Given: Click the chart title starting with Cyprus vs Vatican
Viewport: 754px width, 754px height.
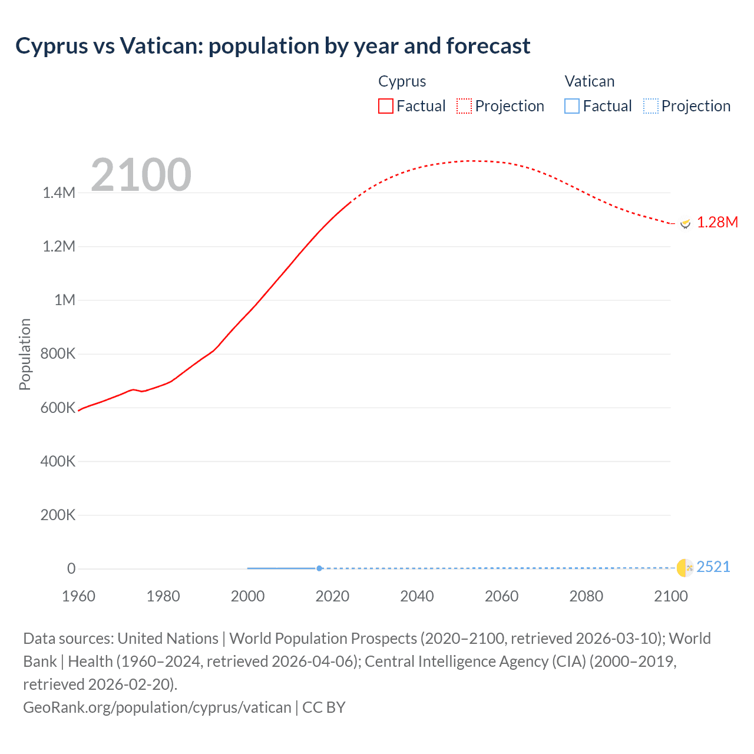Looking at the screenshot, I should click(273, 46).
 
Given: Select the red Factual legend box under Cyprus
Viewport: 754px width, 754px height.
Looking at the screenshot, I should click(386, 106).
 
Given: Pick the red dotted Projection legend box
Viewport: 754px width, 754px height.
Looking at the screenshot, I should click(464, 106).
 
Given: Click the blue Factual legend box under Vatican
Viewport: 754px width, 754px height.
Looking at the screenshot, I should click(572, 106).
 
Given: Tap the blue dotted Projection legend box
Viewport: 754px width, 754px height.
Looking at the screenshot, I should click(650, 106).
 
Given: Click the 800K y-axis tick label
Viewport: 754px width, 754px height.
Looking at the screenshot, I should click(58, 354).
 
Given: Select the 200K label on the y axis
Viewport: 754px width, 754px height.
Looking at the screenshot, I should click(58, 515).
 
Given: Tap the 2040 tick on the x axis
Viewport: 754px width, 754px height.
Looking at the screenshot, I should click(417, 596).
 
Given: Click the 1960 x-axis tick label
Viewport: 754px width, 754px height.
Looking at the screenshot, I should click(78, 596).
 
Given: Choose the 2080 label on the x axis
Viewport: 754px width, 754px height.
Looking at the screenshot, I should click(586, 596).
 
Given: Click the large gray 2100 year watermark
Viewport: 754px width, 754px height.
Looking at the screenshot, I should click(141, 175).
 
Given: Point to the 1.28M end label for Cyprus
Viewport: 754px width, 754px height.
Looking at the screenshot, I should click(717, 222).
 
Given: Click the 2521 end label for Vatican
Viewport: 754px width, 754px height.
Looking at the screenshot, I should click(713, 567).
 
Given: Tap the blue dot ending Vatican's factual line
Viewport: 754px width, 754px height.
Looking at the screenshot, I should click(319, 568).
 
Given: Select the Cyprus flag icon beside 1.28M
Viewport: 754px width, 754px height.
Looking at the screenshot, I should click(685, 223).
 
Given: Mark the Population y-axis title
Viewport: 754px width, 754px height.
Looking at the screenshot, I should click(25, 354).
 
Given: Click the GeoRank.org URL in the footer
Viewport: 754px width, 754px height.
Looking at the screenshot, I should click(157, 707).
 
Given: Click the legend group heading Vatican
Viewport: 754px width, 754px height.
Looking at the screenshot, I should click(590, 81).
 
